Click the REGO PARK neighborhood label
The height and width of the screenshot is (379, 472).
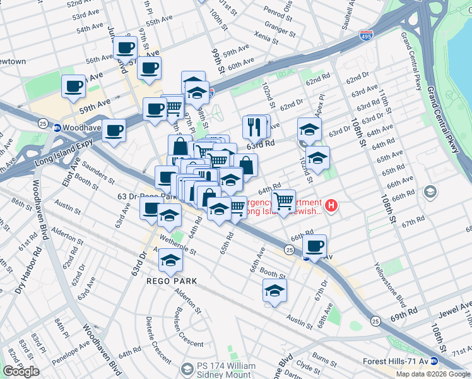(x=172, y=280)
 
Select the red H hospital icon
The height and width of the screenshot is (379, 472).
(x=330, y=205)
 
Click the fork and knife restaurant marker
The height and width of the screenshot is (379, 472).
(x=255, y=128)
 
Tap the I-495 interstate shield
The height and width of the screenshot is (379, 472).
(x=367, y=37)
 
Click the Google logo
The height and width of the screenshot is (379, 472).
(x=21, y=371)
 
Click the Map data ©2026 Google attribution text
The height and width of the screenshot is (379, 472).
(x=433, y=374)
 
